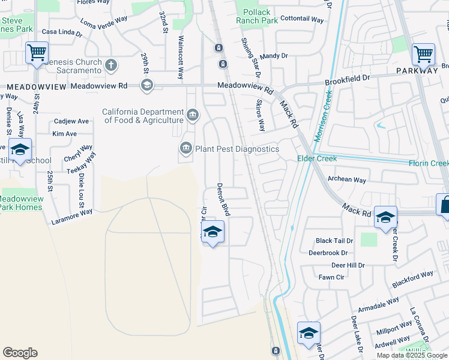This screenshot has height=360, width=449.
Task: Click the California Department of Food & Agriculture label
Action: click(143, 116)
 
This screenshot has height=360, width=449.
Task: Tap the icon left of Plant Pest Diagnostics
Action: click(186, 148)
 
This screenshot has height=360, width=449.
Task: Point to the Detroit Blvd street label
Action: click(223, 199)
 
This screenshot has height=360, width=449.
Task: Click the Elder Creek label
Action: click(317, 158)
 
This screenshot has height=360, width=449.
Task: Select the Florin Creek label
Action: click(429, 163)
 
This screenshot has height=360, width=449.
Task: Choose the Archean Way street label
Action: click(346, 179)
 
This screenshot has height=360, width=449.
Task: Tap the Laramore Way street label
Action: click(71, 212)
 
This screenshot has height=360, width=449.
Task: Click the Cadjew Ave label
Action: click(71, 121)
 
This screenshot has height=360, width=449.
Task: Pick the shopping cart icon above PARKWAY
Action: click(423, 54)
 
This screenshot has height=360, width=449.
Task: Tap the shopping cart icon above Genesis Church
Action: click(37, 53)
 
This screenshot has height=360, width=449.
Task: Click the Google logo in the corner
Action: click(20, 353)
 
